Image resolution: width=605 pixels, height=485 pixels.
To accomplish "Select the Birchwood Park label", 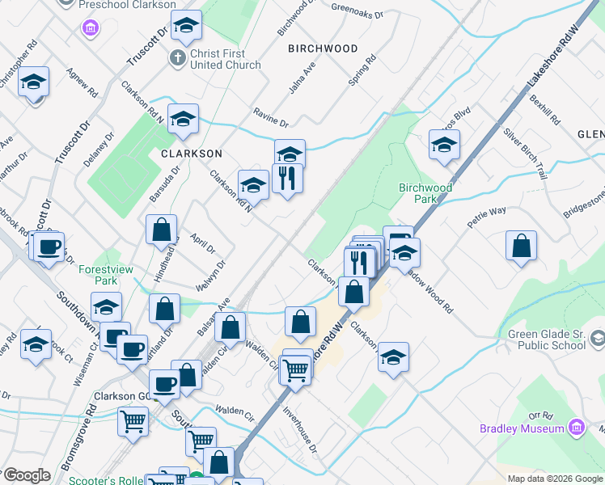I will (425, 193).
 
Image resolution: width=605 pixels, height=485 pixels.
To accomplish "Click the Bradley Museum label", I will (521, 428).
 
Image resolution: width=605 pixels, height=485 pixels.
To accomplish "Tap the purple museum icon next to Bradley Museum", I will (576, 426).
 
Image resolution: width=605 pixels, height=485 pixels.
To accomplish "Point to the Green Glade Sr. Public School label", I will (546, 340).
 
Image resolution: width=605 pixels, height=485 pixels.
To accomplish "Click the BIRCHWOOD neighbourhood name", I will (323, 48).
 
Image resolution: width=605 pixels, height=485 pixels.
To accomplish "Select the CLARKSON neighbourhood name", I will (191, 153).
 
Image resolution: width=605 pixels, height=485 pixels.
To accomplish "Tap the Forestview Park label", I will (98, 276).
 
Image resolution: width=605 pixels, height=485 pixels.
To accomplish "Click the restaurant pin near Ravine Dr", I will (287, 178).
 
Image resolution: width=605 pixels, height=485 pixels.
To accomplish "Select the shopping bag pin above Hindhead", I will (161, 230).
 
